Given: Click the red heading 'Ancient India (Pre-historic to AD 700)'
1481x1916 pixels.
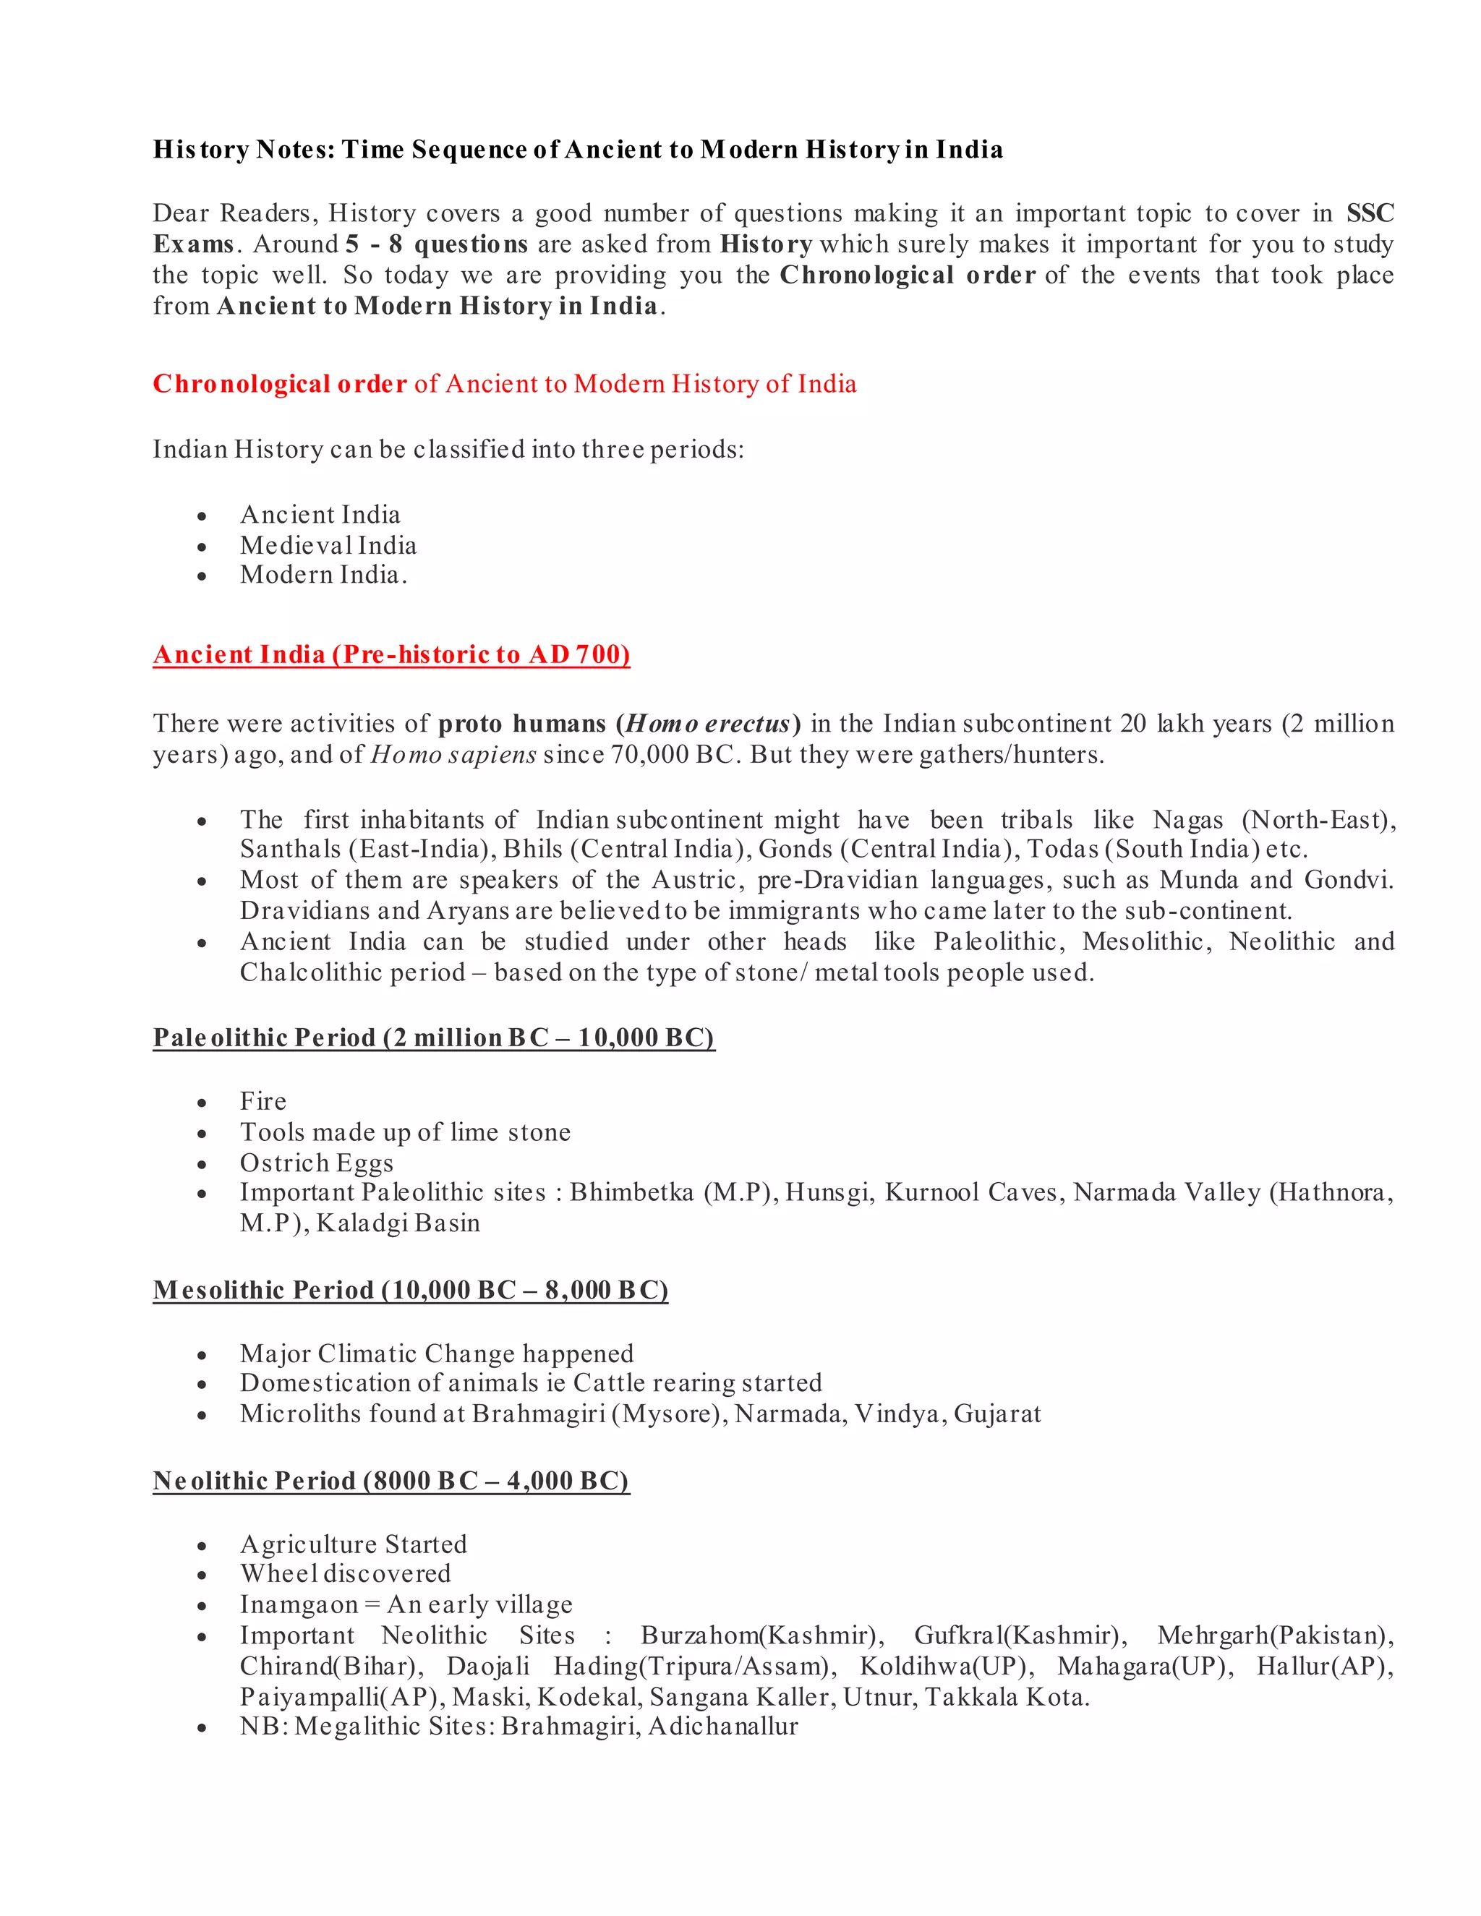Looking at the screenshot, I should pos(391,655).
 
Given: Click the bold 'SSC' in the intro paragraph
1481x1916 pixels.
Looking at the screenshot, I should pos(1370,213).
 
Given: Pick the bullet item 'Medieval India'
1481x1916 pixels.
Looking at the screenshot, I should pos(328,546).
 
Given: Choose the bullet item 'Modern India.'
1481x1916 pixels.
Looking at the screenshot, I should pos(323,576).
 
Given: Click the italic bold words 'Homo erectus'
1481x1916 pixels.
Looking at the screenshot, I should pos(708,724).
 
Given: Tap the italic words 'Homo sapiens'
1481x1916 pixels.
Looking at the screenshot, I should pos(453,756).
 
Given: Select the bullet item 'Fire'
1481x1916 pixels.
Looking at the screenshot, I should pos(263,1102).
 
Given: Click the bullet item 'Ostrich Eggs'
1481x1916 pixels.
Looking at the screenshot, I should pos(317,1163).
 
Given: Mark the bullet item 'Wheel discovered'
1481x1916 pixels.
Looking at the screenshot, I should pos(346,1574).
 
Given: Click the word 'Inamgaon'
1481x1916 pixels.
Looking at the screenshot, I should pos(299,1605).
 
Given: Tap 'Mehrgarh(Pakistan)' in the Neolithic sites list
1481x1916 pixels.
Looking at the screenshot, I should pos(1275,1636).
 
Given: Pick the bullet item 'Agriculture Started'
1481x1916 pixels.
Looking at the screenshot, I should pos(354,1545).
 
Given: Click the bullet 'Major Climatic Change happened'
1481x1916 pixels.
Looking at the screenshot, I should pos(437,1354).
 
